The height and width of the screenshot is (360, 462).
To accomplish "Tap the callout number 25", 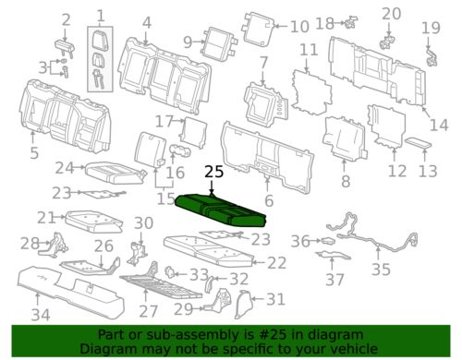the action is coord(213,172).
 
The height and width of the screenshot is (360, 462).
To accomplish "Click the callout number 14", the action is coord(442,125).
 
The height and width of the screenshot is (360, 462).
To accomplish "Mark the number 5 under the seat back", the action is coord(34,153).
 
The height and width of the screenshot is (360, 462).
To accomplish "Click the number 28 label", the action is coord(30,244).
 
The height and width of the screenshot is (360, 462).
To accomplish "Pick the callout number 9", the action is coord(188,41).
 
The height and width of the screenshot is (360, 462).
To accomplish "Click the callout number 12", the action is coord(396,171).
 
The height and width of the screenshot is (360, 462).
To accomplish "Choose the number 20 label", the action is coord(392,14).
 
